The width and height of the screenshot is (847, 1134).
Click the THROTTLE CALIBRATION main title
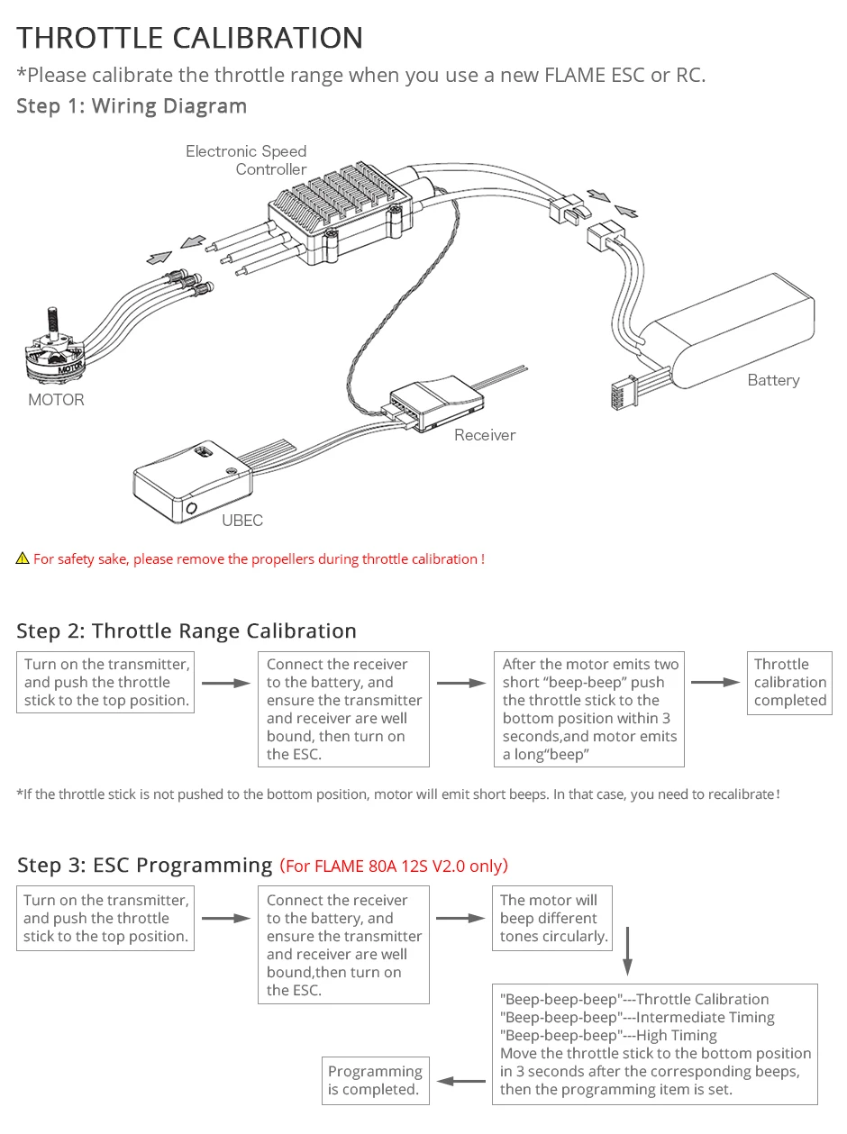point(190,38)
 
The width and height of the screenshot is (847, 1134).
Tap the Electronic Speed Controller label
point(246,160)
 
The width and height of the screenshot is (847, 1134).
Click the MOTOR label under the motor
point(56,400)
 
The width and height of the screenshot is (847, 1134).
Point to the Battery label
point(773,380)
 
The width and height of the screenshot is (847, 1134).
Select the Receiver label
point(485,435)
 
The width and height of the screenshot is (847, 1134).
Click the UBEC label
point(242,521)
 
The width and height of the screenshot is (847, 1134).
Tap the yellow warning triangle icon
point(23,559)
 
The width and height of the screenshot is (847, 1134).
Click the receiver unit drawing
point(432,403)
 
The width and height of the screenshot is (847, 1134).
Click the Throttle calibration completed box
point(789,683)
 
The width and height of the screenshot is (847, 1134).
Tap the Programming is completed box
point(375,1080)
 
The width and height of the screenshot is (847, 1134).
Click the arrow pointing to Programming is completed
point(461,1081)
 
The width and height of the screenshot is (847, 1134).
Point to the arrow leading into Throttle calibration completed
point(715,683)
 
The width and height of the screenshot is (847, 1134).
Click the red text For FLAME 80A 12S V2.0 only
point(395,866)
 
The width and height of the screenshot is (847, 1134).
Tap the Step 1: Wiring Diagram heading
point(132,106)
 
